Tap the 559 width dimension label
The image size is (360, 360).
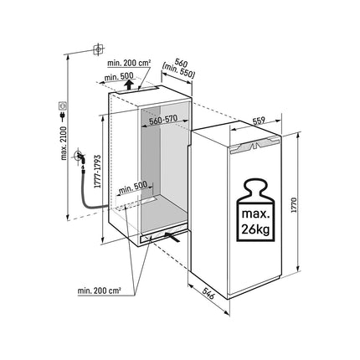pos(259,121)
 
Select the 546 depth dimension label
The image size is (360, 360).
pos(208,292)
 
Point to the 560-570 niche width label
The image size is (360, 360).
pos(163,121)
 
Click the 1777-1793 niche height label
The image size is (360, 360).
pos(97,171)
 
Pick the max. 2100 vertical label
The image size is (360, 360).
pos(64,143)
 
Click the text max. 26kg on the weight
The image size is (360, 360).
pos(255,222)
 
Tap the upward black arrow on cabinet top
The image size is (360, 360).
pos(129,85)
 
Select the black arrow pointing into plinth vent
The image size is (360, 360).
pos(172,236)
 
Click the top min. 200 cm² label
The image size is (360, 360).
pos(129,63)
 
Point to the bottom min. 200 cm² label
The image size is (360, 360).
pos(99,291)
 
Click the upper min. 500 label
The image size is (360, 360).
pos(119,76)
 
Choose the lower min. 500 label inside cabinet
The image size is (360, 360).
pos(133,188)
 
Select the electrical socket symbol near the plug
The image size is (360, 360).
pos(63,105)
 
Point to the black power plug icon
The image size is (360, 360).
pos(63,116)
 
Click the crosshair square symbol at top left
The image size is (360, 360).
pos(98,49)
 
